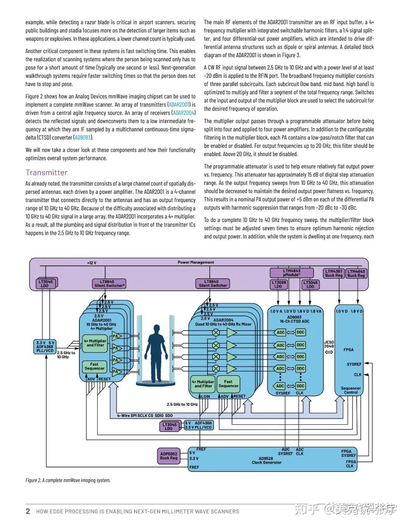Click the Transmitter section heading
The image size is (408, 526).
[46, 173]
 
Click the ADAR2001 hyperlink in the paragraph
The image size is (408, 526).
[179, 105]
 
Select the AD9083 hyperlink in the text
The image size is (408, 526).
[83, 138]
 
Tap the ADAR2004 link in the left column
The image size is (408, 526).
[184, 113]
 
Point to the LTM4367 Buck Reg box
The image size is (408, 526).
[334, 273]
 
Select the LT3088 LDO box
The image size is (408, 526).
[278, 285]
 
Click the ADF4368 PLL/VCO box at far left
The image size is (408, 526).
[45, 347]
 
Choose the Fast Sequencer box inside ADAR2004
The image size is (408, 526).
[228, 384]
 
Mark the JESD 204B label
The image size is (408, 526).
[329, 344]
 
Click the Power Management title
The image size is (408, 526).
[196, 262]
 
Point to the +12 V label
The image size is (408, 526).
[92, 263]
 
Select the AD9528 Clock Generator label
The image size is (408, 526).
[266, 460]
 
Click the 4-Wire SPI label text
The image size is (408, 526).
[145, 415]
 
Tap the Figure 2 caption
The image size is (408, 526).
[68, 480]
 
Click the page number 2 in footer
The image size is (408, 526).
[28, 511]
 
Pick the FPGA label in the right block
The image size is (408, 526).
[348, 350]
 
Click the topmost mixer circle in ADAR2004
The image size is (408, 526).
[216, 333]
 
